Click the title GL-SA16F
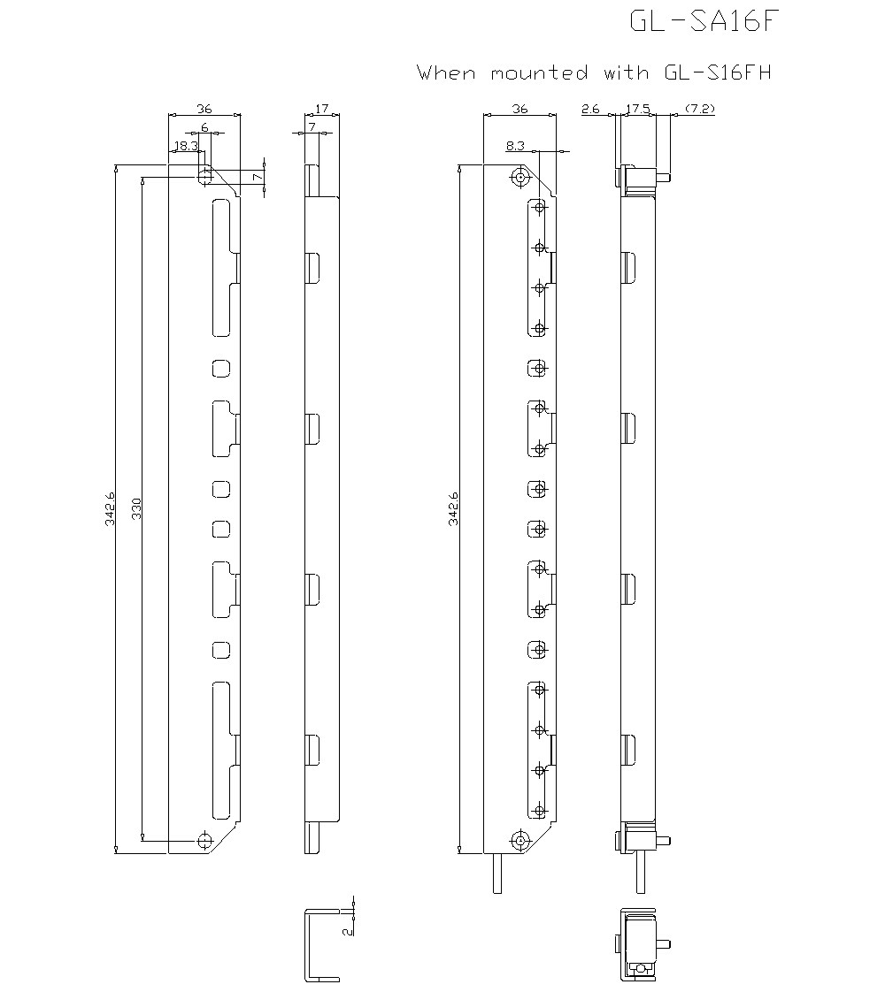703,21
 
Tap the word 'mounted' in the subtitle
539,72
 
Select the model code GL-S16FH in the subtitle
718,72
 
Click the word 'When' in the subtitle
446,72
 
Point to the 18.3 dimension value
186,146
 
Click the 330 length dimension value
136,508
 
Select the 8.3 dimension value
515,146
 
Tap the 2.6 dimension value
590,109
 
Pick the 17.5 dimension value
638,109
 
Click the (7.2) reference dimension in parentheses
700,109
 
